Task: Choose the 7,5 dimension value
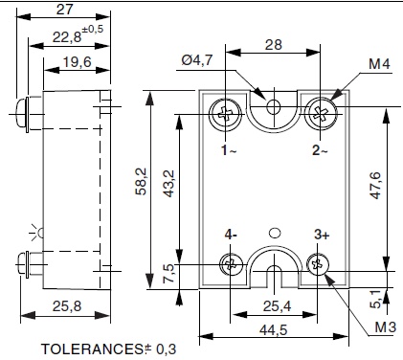click(x=169, y=274)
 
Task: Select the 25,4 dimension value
click(x=276, y=306)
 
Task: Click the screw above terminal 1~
click(x=225, y=113)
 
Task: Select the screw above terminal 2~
click(x=319, y=113)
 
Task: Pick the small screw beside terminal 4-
click(x=230, y=264)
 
